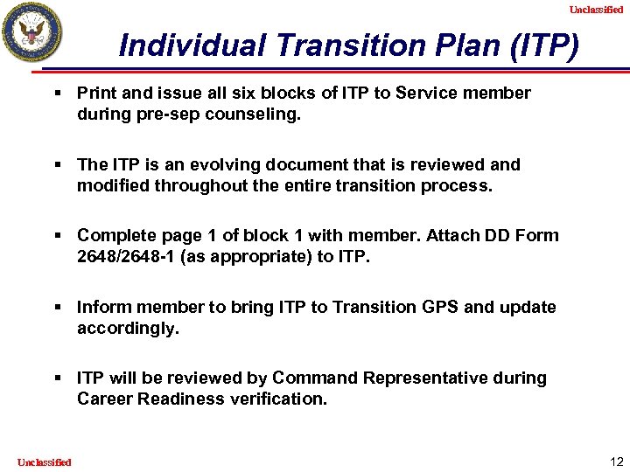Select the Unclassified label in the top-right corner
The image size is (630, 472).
596,10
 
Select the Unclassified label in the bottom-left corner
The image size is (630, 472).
44,462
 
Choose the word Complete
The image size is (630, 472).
114,235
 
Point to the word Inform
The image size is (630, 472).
100,307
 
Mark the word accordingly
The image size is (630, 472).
127,328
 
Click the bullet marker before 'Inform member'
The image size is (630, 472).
58,307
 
